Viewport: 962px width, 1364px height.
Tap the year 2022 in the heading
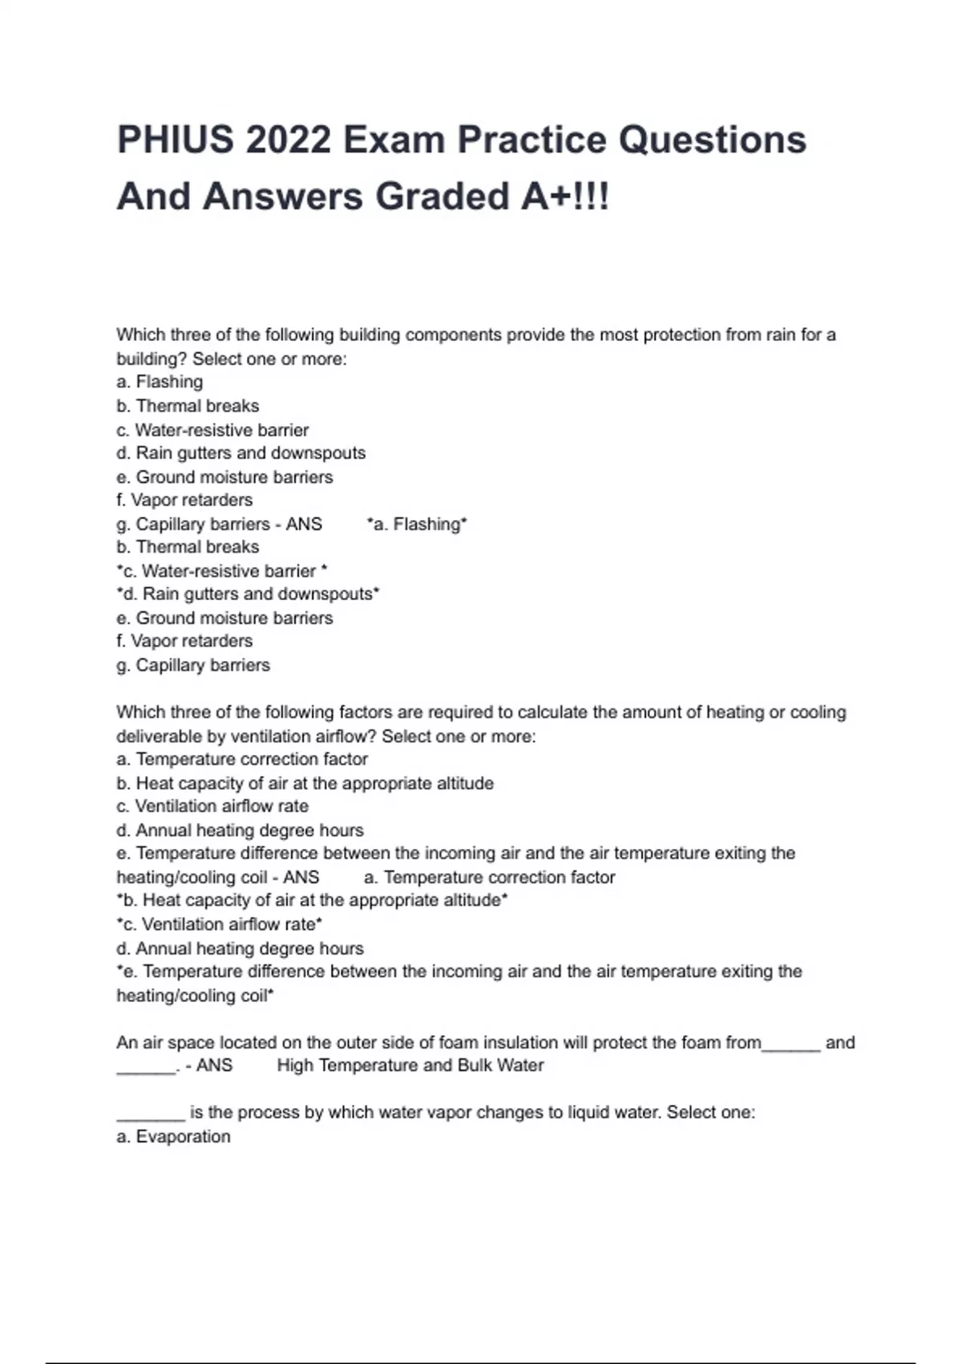coord(289,140)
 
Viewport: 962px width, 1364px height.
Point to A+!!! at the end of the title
coord(564,197)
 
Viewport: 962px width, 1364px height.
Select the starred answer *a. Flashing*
coord(417,525)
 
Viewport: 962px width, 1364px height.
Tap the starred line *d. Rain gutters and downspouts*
coord(248,595)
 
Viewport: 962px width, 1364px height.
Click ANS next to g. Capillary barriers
coord(304,525)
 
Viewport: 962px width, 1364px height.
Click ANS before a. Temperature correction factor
coord(301,878)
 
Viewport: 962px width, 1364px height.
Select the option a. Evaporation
coord(173,1137)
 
